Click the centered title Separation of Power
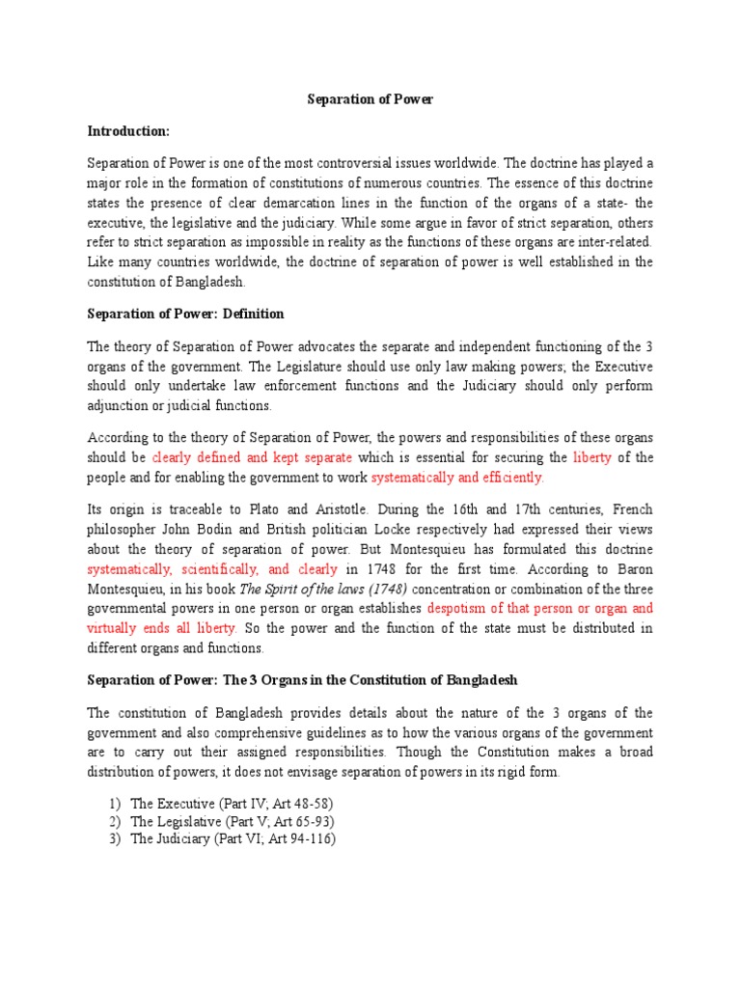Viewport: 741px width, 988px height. pos(370,98)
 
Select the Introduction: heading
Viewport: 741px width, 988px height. pos(128,129)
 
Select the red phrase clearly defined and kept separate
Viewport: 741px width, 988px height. pos(252,457)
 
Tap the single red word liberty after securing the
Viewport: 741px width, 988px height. pos(592,457)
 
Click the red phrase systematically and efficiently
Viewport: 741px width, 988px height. pos(457,477)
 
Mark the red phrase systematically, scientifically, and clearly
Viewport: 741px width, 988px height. pos(212,569)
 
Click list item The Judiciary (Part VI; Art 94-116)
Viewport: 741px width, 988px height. pos(233,839)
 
